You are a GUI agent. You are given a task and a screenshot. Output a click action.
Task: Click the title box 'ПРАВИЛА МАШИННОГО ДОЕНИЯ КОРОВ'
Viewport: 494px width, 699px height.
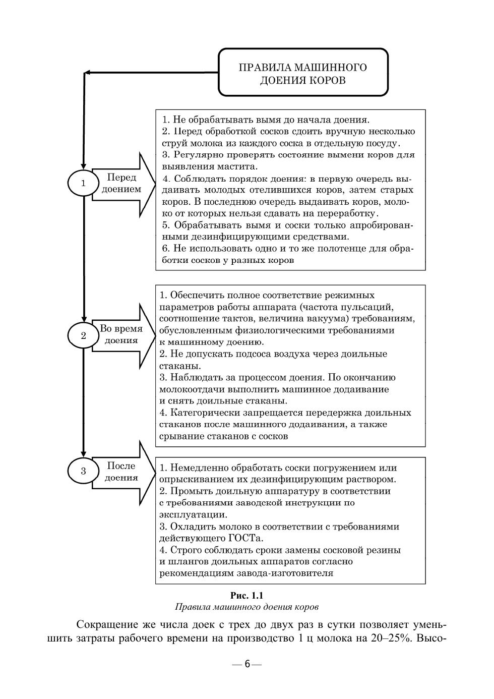coord(303,73)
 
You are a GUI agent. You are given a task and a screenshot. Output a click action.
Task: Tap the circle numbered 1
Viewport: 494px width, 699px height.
coord(84,183)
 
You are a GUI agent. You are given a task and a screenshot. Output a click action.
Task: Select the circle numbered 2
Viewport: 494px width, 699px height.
coord(84,335)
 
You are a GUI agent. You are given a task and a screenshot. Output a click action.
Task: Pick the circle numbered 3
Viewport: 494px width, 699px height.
coord(84,471)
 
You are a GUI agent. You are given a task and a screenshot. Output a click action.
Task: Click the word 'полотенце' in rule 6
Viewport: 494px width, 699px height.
coord(328,249)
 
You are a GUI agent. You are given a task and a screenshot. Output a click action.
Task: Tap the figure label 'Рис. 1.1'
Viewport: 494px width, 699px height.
coord(246,595)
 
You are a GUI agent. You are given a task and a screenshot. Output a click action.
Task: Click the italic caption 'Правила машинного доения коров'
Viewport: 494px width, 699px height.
coord(246,606)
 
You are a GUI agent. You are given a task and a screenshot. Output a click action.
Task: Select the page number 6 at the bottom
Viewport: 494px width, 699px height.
coord(247,664)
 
